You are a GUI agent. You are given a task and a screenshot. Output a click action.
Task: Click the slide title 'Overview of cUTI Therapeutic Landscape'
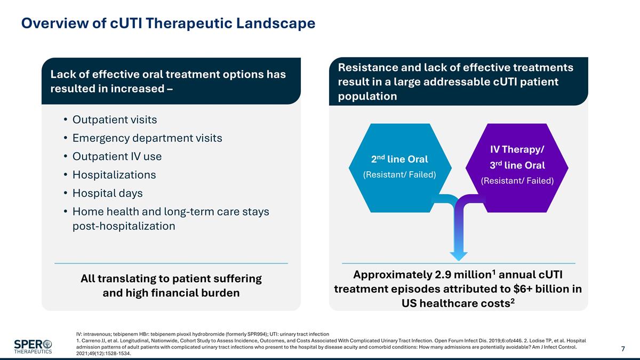point(168,23)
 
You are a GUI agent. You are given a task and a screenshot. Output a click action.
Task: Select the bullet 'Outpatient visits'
point(115,119)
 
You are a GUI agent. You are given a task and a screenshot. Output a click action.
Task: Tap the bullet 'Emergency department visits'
point(147,138)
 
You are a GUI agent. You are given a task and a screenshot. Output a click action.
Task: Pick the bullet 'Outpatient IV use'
point(117,156)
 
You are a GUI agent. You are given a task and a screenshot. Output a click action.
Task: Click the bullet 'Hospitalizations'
point(114,175)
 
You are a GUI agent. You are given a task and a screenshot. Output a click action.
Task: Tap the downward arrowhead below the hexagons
point(458,254)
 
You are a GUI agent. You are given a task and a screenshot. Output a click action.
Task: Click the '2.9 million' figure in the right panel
point(462,275)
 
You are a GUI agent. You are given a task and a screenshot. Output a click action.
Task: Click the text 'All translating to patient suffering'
point(171,278)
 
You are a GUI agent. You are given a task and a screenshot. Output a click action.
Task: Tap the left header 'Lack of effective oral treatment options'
point(168,75)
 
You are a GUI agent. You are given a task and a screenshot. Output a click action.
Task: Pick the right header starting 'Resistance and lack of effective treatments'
point(455,68)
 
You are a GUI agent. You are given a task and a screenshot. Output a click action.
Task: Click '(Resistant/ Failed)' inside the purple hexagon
point(517,181)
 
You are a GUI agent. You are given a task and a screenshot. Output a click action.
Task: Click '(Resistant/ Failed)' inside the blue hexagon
point(399,174)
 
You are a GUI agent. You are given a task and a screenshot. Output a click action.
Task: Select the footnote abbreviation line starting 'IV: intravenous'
point(203,334)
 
